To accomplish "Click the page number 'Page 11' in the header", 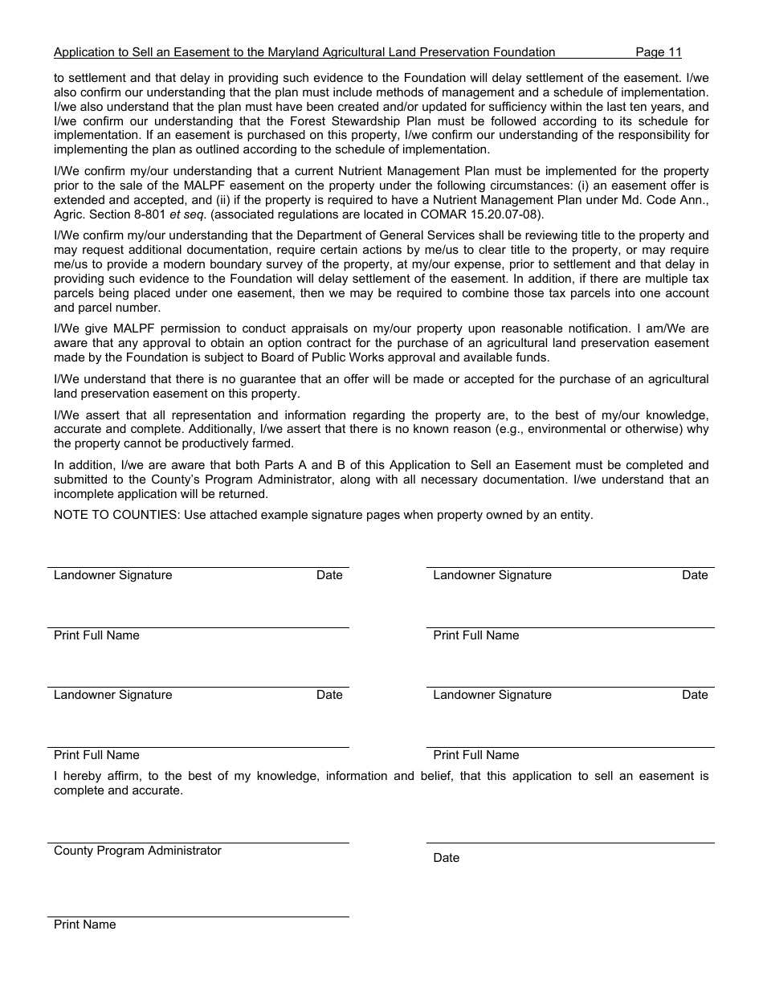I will pos(658,52).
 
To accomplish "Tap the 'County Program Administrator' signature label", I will pos(137,851).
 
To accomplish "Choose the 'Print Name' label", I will pos(84,925).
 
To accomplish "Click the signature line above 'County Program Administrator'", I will pos(198,842).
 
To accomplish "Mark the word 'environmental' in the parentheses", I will pos(569,430).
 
